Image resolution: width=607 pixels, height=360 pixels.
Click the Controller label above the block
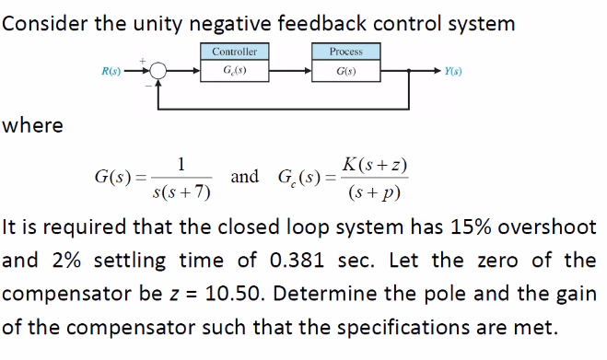point(234,52)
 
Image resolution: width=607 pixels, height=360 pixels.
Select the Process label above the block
point(347,52)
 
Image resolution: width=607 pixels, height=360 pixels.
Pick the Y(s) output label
point(454,70)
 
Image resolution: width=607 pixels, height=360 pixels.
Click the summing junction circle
point(159,70)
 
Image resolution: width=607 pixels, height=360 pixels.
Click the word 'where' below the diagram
point(33,126)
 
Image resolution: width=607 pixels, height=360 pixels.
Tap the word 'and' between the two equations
point(244,176)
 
